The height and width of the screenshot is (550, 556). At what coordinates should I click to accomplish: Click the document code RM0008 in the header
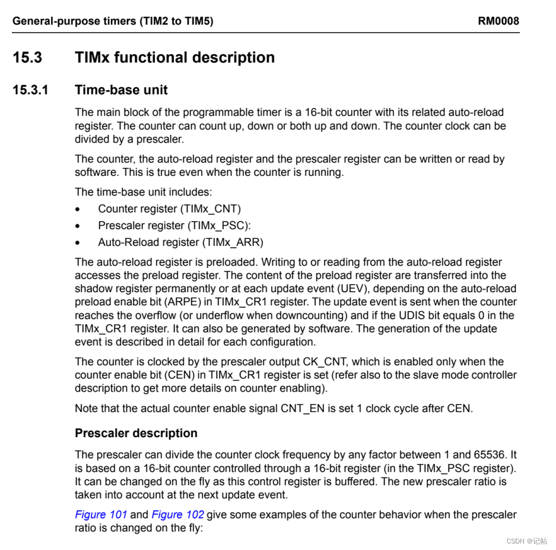[x=498, y=21]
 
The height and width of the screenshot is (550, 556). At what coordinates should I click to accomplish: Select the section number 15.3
[x=27, y=58]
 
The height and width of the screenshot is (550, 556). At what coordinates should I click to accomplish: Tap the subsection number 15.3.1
[x=31, y=90]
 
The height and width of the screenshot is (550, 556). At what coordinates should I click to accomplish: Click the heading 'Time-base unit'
[x=121, y=90]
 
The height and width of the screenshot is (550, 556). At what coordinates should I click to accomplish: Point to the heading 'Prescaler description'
[x=136, y=433]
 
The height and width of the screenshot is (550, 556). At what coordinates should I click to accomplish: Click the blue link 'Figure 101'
[x=101, y=514]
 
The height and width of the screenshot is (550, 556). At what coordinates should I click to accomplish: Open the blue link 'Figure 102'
[x=177, y=514]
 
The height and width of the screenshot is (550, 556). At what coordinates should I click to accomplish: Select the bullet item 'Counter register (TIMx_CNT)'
[x=169, y=209]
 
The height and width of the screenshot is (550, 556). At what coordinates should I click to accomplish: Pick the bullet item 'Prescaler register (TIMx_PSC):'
[x=174, y=226]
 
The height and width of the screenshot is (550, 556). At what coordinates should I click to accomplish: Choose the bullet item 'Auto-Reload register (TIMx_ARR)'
[x=180, y=242]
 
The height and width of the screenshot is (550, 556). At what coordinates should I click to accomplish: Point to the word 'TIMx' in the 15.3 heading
[x=92, y=58]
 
